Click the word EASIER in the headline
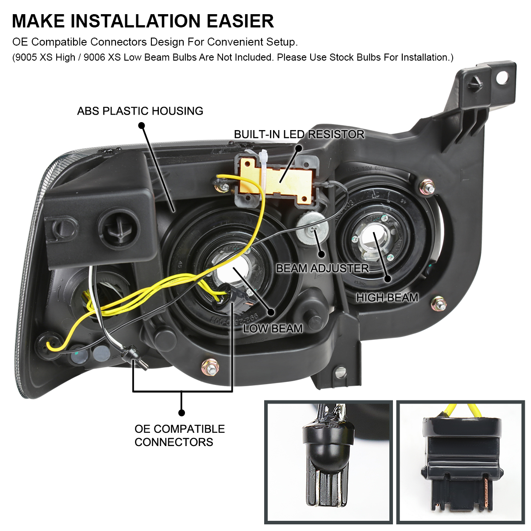click(240, 21)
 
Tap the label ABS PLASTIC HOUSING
click(140, 111)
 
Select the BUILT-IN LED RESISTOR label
click(299, 135)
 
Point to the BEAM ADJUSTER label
click(322, 269)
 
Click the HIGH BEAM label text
click(387, 298)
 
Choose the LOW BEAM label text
click(273, 328)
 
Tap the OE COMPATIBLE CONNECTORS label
click(179, 435)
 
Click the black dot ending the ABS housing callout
click(141, 126)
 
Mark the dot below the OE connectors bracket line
click(181, 413)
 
